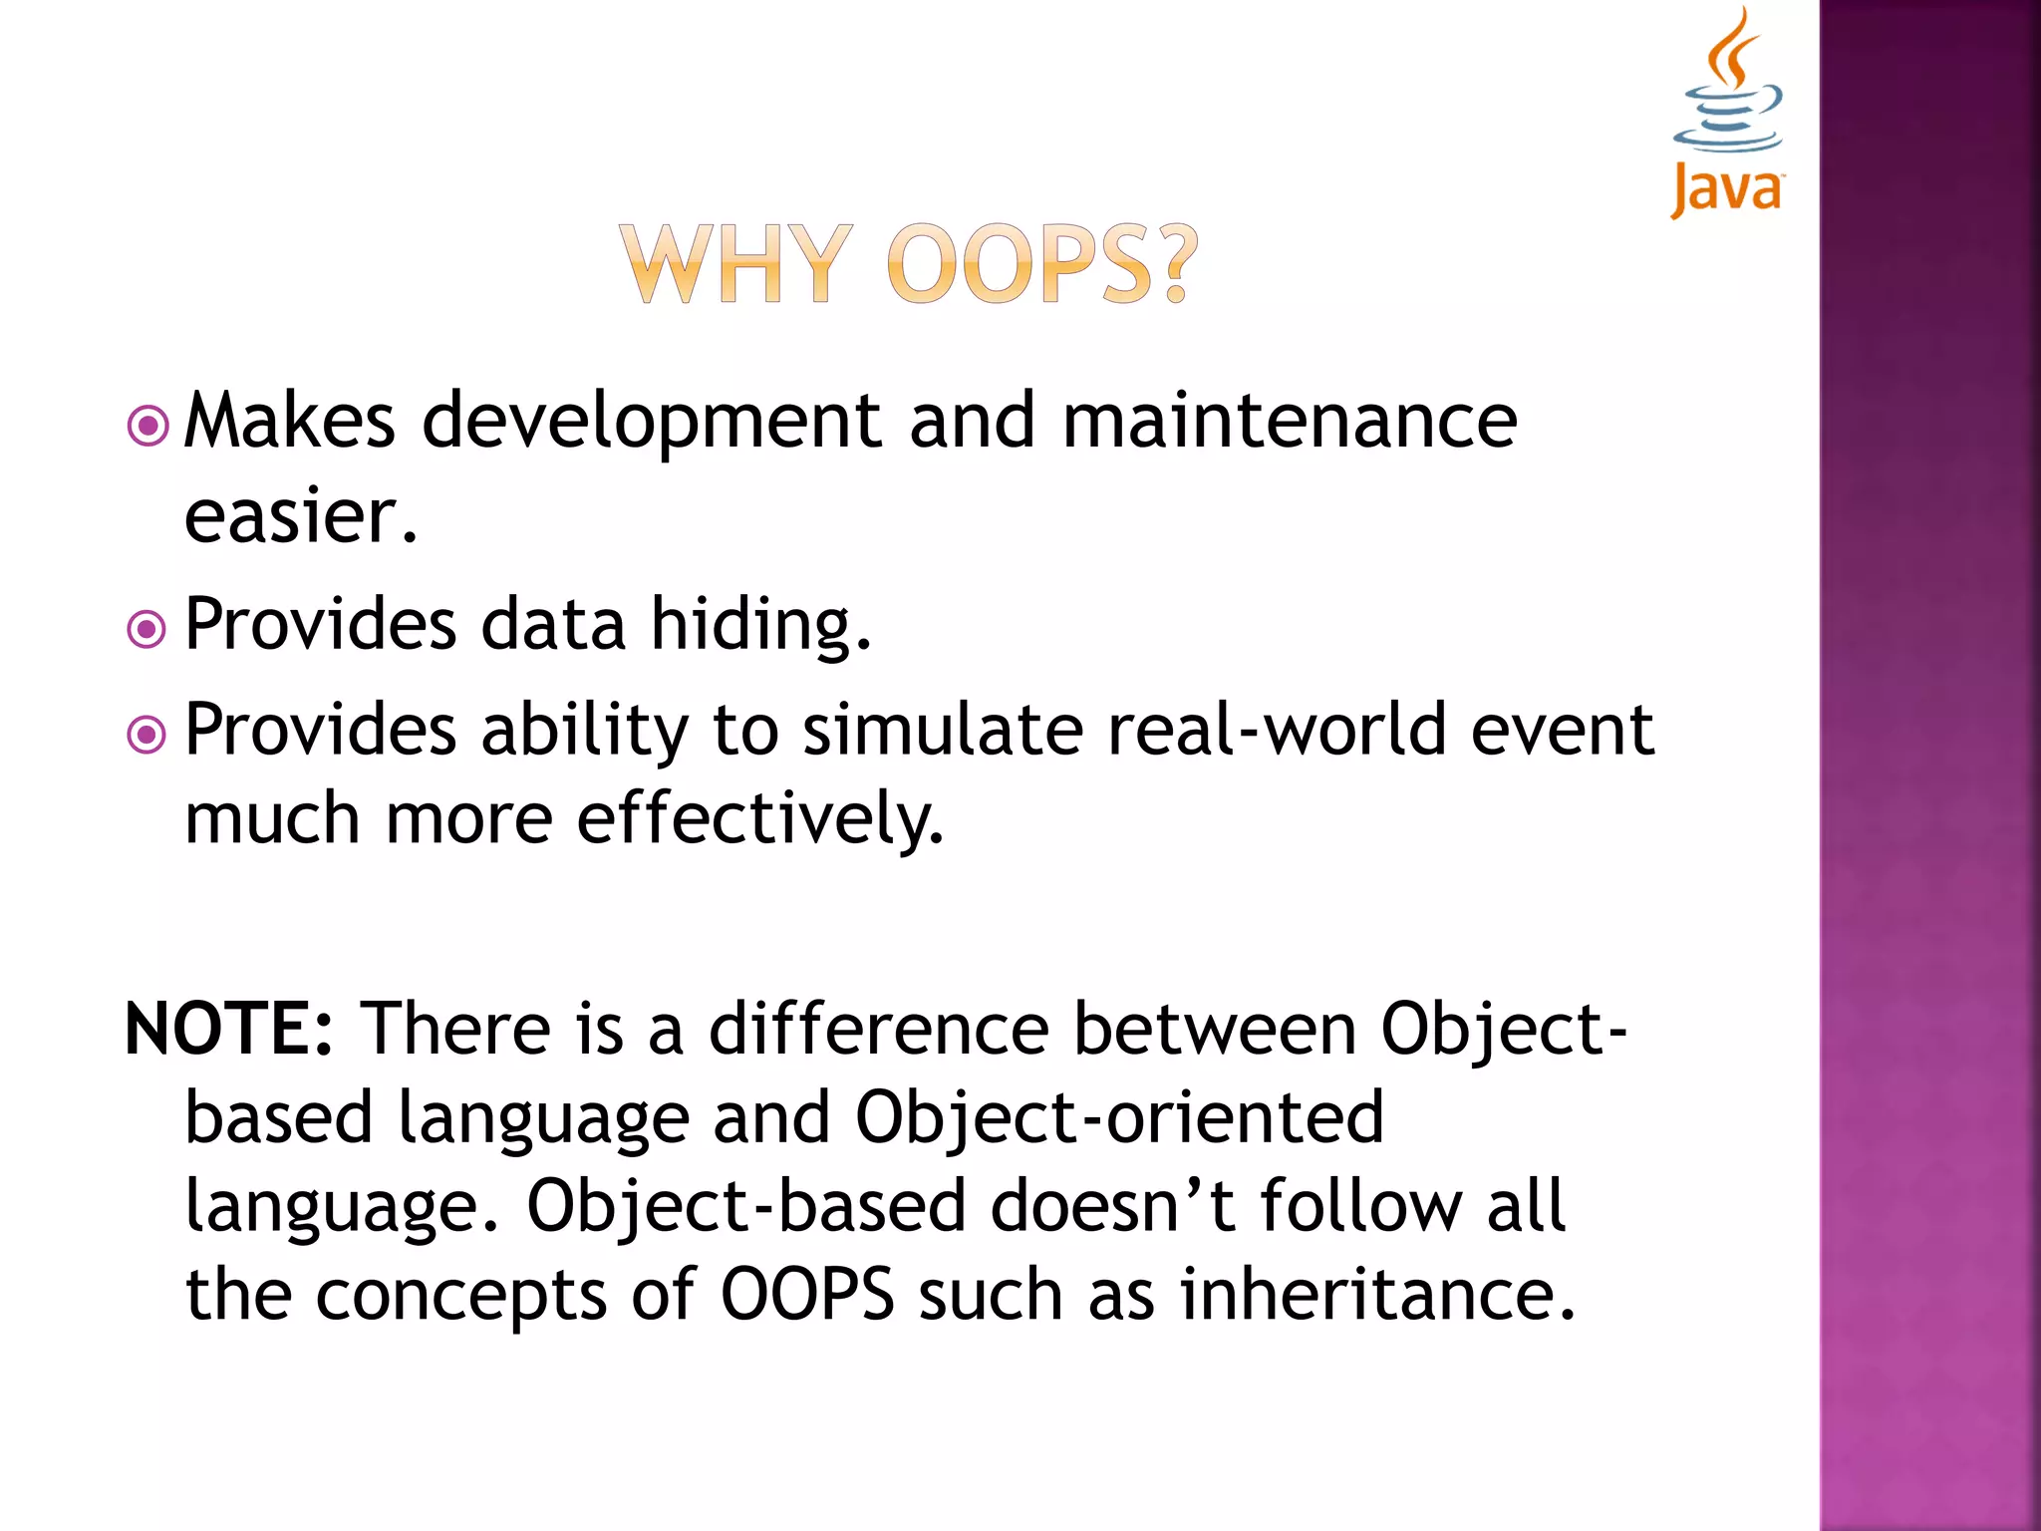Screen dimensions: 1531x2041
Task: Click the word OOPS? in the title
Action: click(x=1041, y=264)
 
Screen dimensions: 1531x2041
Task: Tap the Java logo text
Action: click(x=1727, y=189)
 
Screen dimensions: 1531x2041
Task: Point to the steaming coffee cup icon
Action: click(x=1729, y=85)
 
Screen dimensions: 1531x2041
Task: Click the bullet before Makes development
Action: click(x=147, y=427)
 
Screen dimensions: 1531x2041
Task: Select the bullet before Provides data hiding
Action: click(x=147, y=629)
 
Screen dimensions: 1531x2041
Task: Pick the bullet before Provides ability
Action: click(x=147, y=736)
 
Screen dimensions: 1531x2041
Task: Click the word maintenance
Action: click(x=1290, y=421)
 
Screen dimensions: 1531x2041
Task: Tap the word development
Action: click(x=653, y=423)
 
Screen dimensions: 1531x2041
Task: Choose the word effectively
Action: click(x=759, y=819)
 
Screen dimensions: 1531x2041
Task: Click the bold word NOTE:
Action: click(x=229, y=1029)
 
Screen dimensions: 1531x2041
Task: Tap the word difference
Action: click(x=879, y=1029)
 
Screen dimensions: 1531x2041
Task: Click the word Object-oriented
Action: click(x=1119, y=1118)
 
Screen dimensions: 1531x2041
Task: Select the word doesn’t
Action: click(x=1113, y=1206)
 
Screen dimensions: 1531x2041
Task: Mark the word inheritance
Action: click(x=1377, y=1295)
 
